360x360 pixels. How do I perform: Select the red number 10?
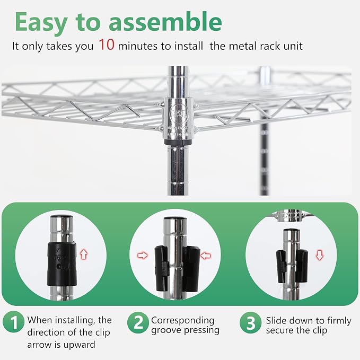[107, 45]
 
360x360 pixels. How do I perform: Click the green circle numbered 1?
[14, 322]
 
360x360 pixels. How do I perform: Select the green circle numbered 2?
[138, 322]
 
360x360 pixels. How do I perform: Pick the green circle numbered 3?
[251, 322]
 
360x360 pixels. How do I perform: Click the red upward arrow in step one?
[84, 254]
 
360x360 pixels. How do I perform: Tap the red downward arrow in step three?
[320, 256]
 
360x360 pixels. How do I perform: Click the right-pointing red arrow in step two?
[143, 256]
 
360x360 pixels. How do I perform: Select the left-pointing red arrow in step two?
[206, 256]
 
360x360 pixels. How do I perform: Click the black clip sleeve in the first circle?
[62, 264]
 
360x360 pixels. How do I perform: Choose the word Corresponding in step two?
[183, 321]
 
